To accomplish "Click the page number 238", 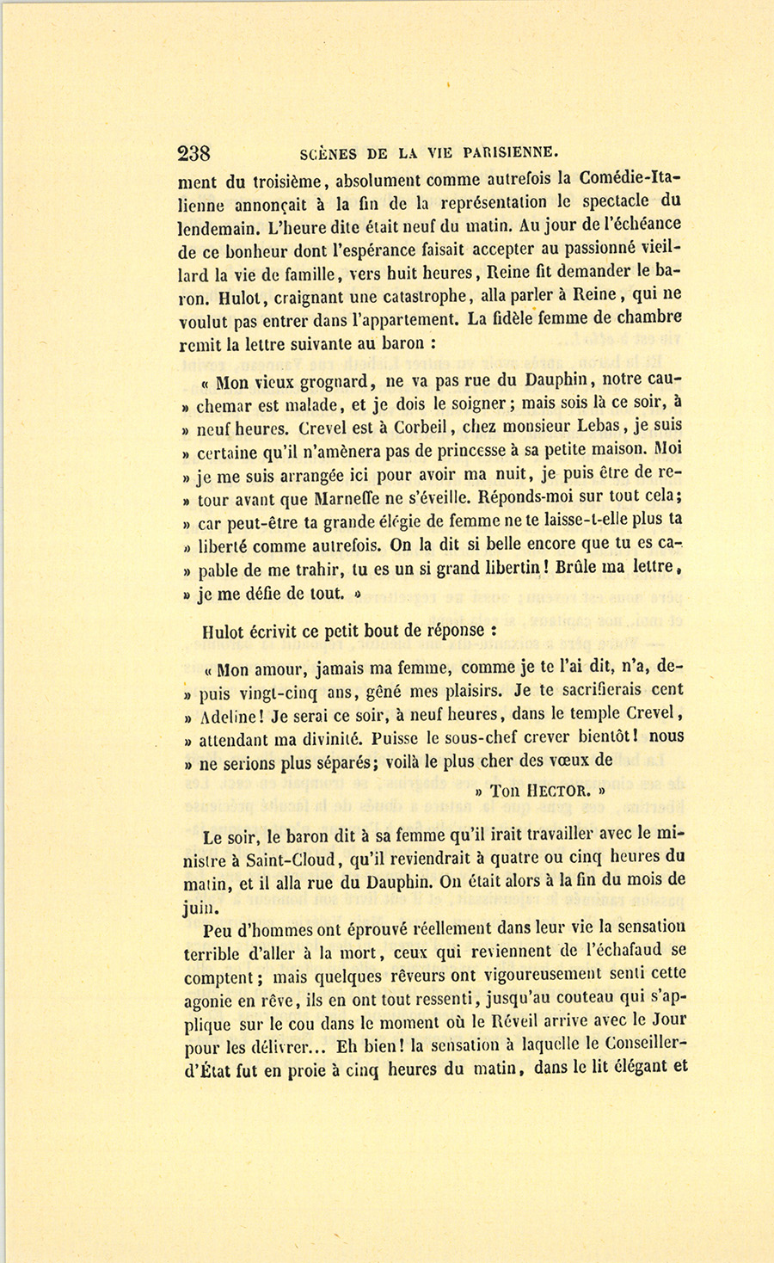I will tap(193, 154).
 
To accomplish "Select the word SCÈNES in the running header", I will tap(329, 155).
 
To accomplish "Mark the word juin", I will tap(199, 906).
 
